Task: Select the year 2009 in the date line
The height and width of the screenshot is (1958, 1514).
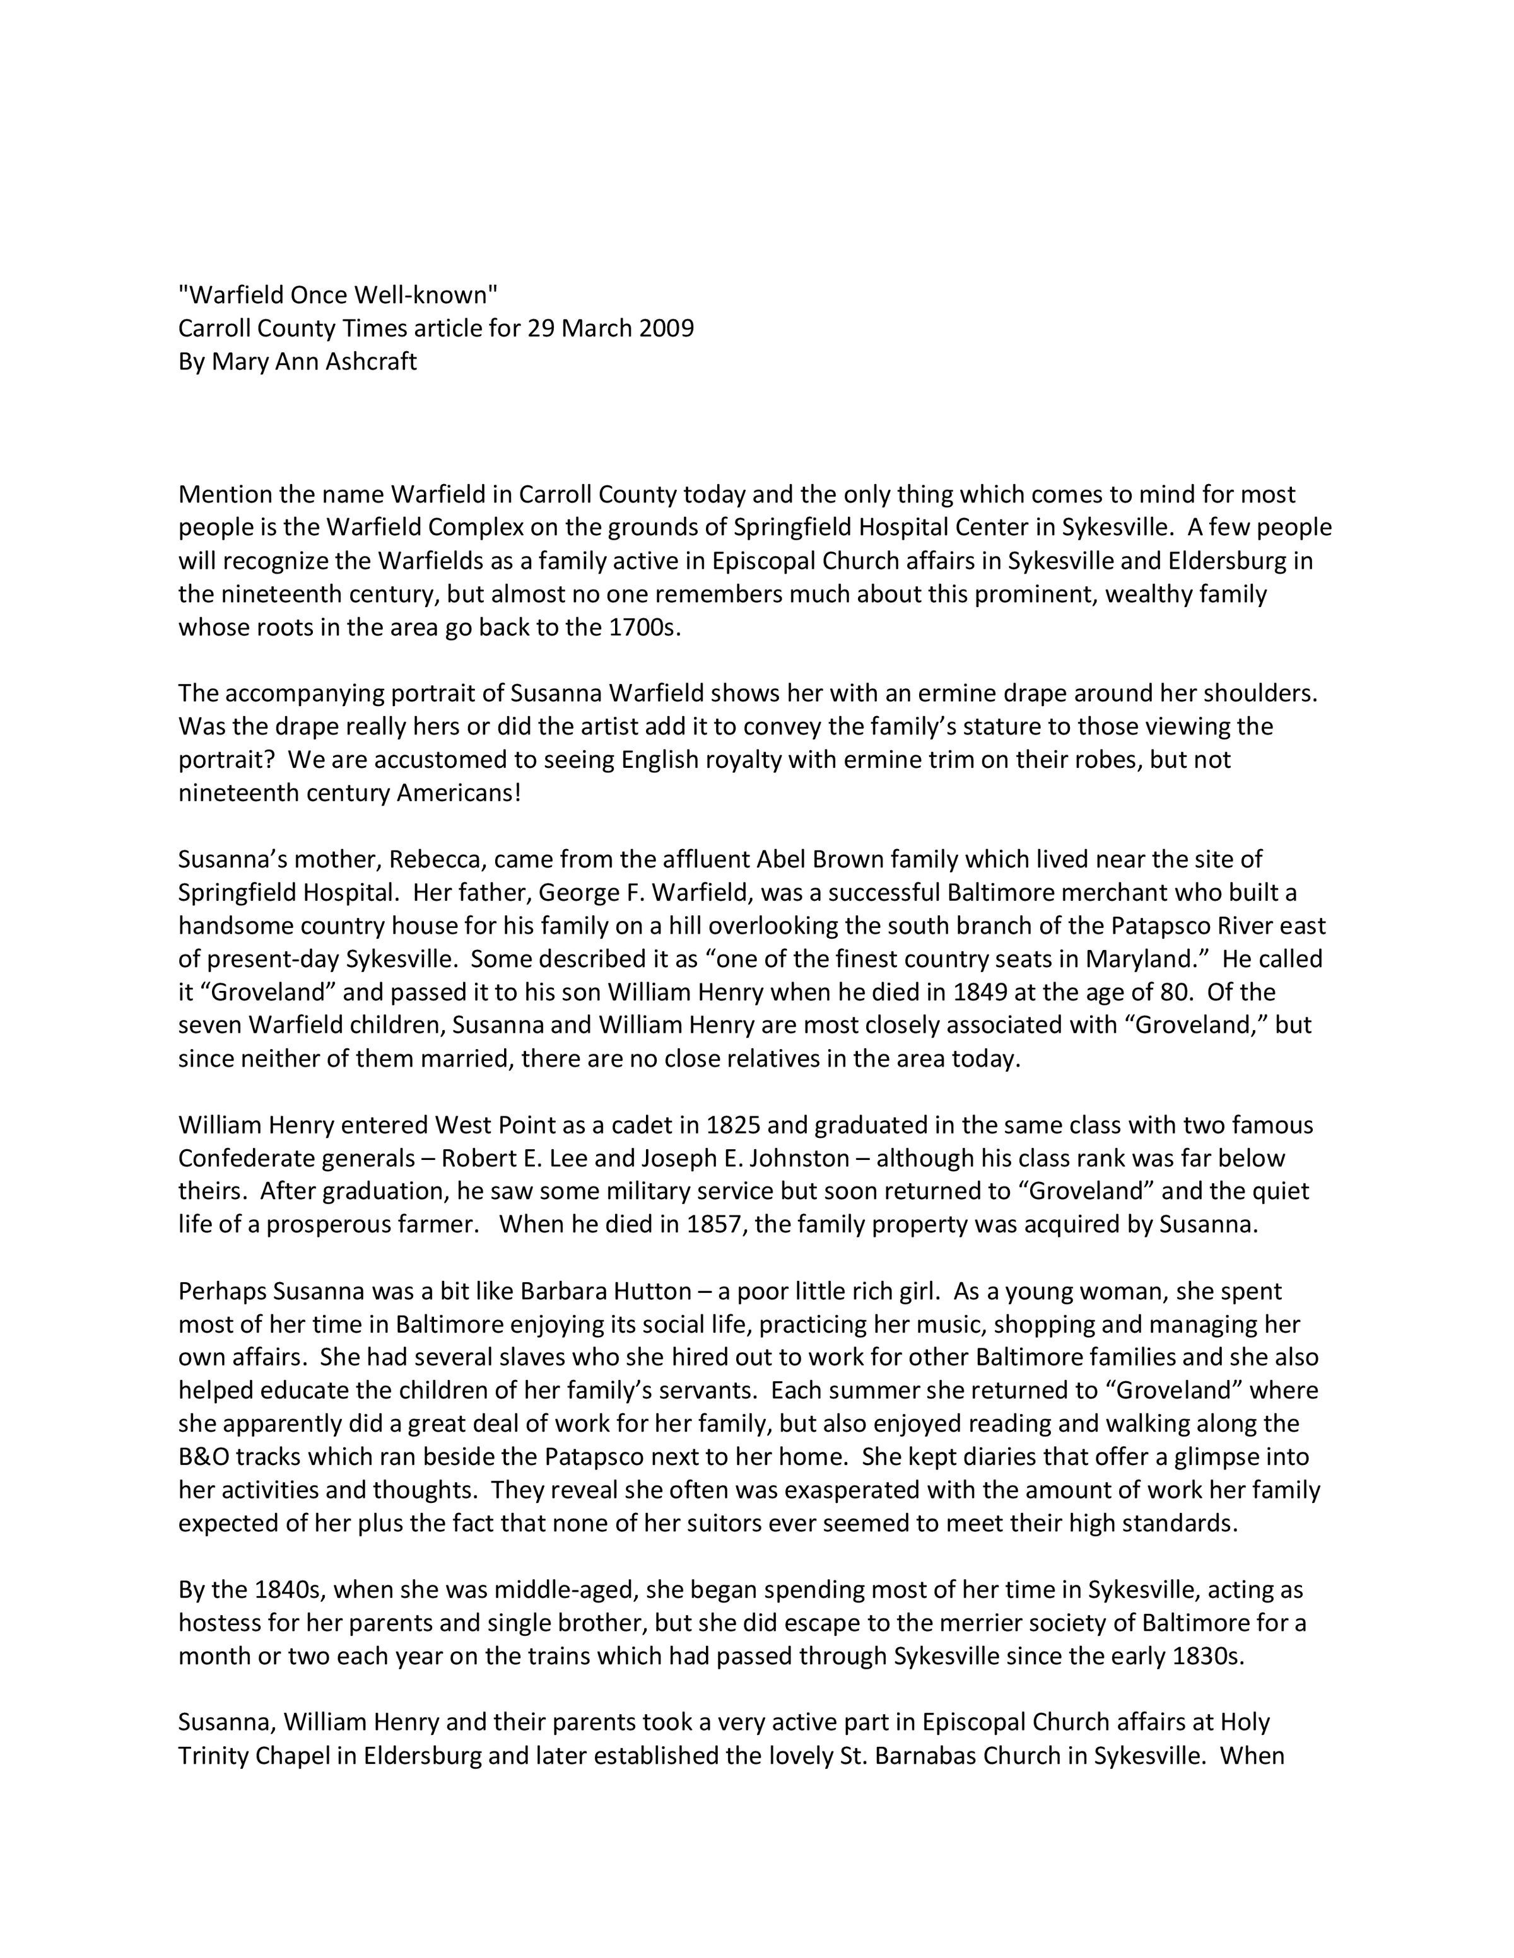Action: [666, 328]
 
